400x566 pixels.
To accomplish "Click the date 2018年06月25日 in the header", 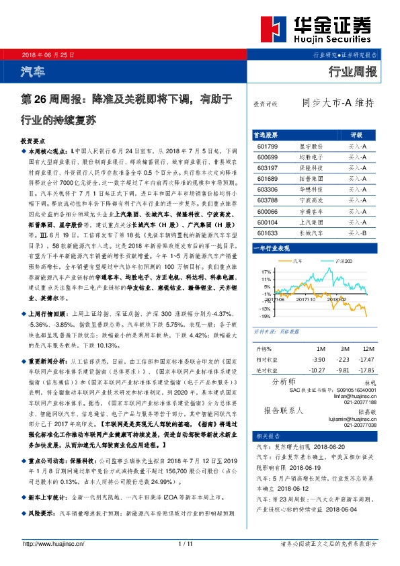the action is pos(48,53).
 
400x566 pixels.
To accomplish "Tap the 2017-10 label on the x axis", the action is pos(305,301).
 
